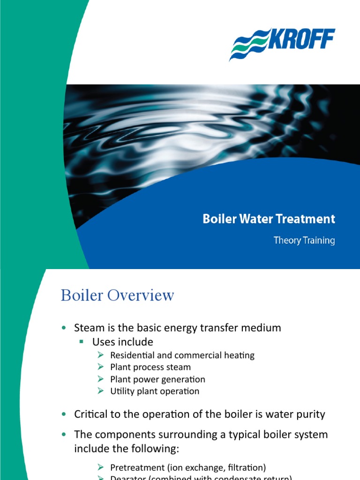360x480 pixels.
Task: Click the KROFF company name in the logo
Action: [x=302, y=40]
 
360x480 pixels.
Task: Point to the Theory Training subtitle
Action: [x=304, y=240]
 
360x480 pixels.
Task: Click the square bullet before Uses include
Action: [x=81, y=342]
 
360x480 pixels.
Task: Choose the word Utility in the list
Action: [x=122, y=391]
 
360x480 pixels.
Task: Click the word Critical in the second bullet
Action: [x=90, y=414]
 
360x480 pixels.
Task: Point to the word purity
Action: [x=310, y=414]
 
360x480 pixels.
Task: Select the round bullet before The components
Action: [x=64, y=435]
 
